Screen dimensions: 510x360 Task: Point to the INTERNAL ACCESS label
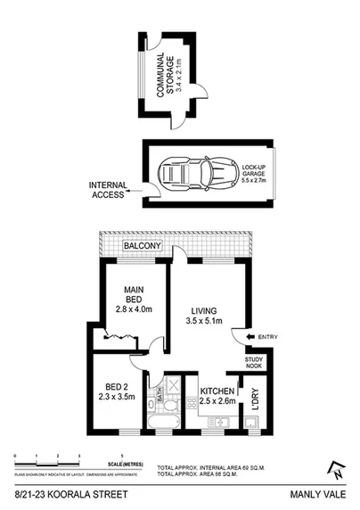click(x=106, y=189)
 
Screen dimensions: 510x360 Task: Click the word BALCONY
click(x=142, y=244)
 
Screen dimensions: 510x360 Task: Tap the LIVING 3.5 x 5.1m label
click(x=203, y=315)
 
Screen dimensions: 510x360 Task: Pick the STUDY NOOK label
click(x=257, y=363)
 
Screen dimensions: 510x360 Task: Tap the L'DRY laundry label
click(x=256, y=399)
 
